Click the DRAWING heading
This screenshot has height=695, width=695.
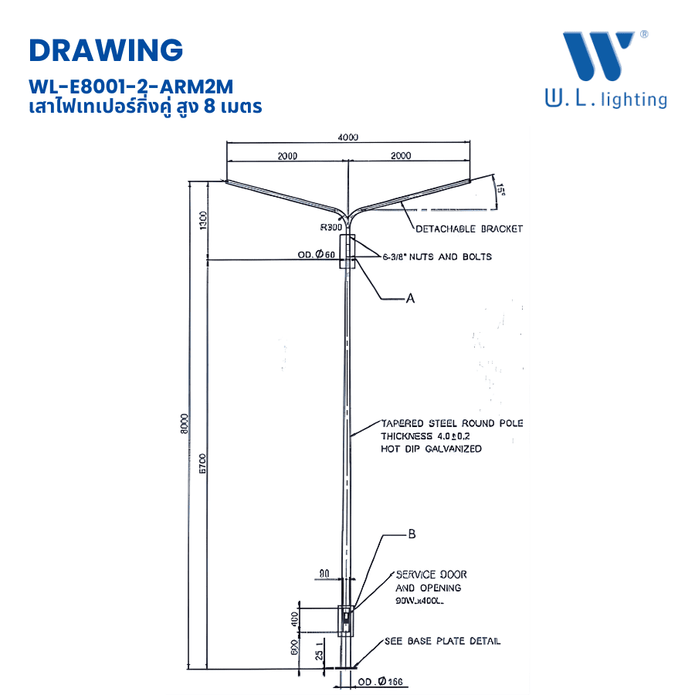(106, 49)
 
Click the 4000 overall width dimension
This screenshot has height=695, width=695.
(348, 137)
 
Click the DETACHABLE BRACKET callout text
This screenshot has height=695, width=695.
(469, 229)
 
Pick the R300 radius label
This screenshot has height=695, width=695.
(331, 228)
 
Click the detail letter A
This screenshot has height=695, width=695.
(410, 297)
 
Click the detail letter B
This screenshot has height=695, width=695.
(412, 534)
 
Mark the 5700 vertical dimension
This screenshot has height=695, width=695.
(202, 463)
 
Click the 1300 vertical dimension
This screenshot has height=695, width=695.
(203, 220)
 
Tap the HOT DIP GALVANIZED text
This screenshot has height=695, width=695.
(431, 449)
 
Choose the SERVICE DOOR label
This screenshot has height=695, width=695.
(431, 575)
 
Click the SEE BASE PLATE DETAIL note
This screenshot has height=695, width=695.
(442, 641)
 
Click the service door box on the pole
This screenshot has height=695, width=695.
(347, 619)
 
